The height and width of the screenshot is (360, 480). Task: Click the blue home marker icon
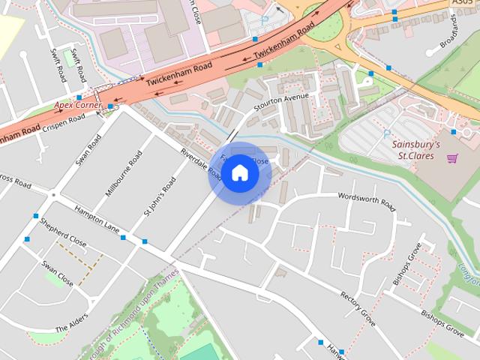coord(239,172)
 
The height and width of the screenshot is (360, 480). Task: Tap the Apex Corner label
coord(77,106)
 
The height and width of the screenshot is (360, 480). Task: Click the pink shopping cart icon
coord(451,157)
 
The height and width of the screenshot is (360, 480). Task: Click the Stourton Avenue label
coord(281,101)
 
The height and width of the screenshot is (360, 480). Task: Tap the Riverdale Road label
coord(200,161)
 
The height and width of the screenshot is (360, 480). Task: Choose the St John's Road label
coord(159,197)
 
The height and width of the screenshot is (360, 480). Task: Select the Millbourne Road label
coord(123,173)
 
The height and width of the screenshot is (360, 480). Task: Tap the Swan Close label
coord(58,274)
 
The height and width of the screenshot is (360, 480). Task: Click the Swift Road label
coord(58,65)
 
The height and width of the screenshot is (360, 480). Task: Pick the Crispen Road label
coord(64,123)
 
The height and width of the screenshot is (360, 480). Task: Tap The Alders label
coord(72,323)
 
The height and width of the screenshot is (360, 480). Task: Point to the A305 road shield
coord(463,3)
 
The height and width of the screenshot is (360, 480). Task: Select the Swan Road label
coord(88,150)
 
